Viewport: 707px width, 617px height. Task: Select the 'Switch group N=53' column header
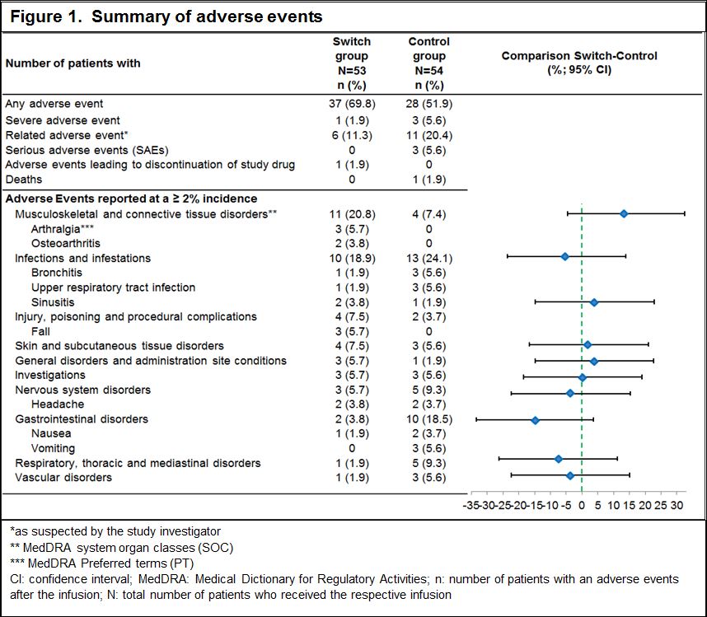352,63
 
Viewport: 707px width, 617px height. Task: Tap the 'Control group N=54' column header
428,63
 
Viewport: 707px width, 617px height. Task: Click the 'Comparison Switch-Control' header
580,63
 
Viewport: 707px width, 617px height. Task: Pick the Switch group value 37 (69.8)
352,104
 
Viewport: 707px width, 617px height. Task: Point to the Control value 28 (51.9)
428,104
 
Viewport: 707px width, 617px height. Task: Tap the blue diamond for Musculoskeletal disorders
624,213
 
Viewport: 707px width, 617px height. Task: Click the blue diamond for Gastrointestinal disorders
535,420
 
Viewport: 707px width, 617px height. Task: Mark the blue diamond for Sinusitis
594,302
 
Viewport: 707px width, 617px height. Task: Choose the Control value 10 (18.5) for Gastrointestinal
428,419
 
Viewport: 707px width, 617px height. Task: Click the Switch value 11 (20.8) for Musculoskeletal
352,214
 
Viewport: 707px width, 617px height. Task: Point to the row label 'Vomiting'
53,449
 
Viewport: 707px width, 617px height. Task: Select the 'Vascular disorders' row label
63,478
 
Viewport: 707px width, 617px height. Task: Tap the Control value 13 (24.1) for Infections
428,258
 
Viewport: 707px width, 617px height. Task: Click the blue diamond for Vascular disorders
570,475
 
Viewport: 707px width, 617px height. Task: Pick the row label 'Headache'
58,404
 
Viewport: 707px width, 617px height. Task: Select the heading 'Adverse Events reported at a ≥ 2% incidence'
131,199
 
